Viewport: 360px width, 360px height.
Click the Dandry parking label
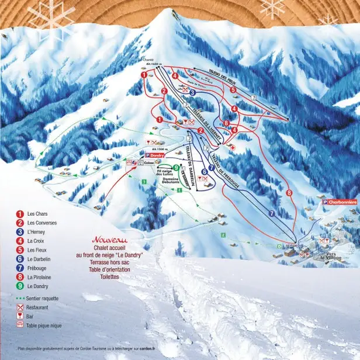pyautogui.click(x=153, y=156)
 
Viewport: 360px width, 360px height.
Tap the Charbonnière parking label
pyautogui.click(x=340, y=202)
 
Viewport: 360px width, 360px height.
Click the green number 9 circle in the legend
pyautogui.click(x=20, y=286)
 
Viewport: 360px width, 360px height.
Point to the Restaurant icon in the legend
pyautogui.click(x=20, y=307)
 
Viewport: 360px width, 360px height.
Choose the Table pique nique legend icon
pyautogui.click(x=20, y=326)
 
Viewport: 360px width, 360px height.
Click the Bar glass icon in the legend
pyautogui.click(x=20, y=316)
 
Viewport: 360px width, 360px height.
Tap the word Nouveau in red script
pyautogui.click(x=109, y=240)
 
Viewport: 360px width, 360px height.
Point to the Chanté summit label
pyautogui.click(x=147, y=60)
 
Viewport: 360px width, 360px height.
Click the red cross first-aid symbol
pyautogui.click(x=233, y=148)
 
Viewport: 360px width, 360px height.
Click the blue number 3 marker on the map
pyautogui.click(x=192, y=92)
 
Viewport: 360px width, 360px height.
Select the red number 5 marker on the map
pyautogui.click(x=233, y=90)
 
